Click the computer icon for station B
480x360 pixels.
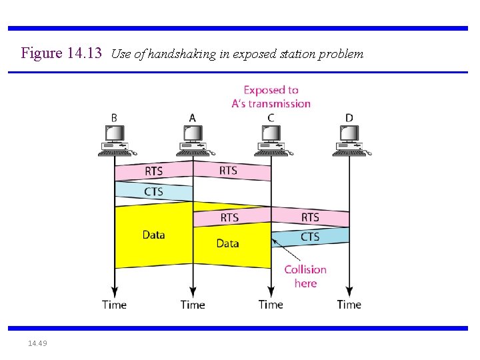point(114,140)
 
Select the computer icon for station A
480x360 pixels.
point(193,140)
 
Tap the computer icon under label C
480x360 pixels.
point(271,140)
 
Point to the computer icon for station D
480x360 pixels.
point(349,140)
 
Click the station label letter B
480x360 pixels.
point(114,118)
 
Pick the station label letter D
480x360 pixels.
point(349,118)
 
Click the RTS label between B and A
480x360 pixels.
point(153,171)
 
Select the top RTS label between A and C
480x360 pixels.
point(228,171)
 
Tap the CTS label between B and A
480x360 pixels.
point(153,192)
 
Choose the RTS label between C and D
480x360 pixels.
point(310,217)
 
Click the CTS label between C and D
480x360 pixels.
point(310,237)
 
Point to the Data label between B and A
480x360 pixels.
point(153,235)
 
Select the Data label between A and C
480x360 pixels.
point(227,243)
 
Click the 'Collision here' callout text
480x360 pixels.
point(305,276)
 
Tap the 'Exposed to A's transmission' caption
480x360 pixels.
point(271,97)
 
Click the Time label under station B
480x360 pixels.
point(114,305)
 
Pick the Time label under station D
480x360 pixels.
point(349,305)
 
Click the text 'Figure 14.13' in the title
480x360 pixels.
point(61,53)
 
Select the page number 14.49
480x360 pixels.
point(37,343)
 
